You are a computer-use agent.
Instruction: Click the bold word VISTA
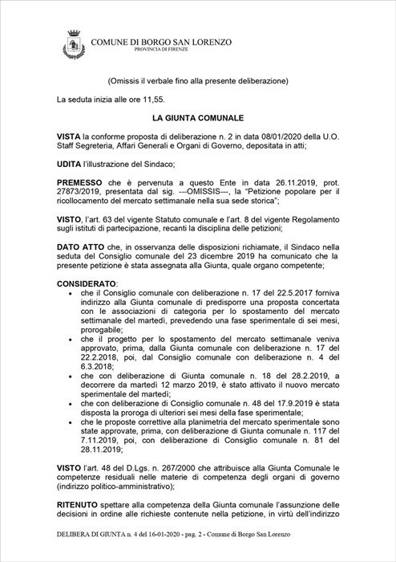(x=70, y=137)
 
